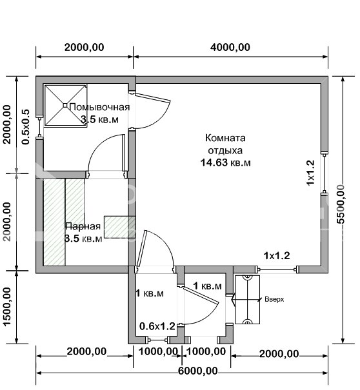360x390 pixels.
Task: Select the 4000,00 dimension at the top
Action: pyautogui.click(x=230, y=47)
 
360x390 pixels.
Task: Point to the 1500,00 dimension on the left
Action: pyautogui.click(x=7, y=306)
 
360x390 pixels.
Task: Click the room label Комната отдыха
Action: pyautogui.click(x=225, y=144)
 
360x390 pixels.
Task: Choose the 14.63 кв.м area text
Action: pyautogui.click(x=225, y=162)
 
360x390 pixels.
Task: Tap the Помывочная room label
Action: pyautogui.click(x=99, y=108)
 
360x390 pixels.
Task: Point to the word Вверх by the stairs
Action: pyautogui.click(x=274, y=300)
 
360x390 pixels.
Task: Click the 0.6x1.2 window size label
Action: pyautogui.click(x=157, y=326)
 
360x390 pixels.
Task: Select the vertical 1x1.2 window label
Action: pyautogui.click(x=310, y=173)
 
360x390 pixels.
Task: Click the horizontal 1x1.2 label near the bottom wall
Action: pyautogui.click(x=276, y=255)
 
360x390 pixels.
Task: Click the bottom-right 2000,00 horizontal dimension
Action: pyautogui.click(x=279, y=353)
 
